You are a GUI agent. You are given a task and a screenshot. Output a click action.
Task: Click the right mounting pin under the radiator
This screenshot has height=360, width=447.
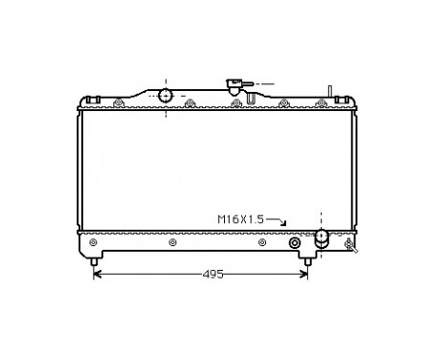[307, 259]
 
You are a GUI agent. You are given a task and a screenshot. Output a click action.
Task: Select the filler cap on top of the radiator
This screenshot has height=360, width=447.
[233, 83]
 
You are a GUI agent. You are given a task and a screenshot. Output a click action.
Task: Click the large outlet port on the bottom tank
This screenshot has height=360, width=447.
[323, 236]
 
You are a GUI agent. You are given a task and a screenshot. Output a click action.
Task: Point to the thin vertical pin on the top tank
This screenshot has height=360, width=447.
[328, 93]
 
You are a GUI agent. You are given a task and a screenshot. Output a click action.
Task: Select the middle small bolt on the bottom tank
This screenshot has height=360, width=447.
[171, 242]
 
